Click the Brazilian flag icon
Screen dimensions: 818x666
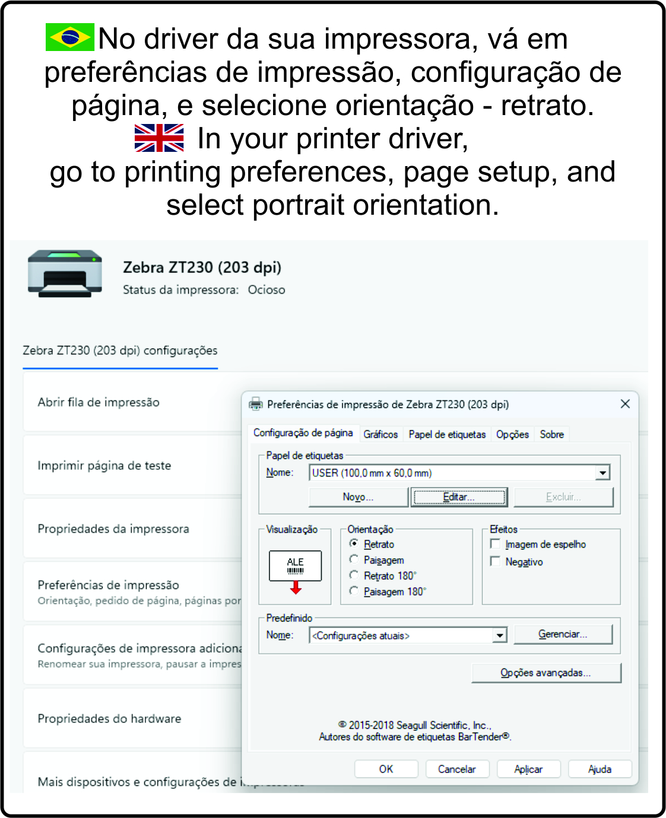point(70,37)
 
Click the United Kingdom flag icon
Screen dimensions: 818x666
point(159,138)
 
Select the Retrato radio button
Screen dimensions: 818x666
point(354,543)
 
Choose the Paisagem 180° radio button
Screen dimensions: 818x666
point(354,591)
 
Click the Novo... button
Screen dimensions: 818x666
point(358,497)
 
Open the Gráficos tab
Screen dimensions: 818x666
point(380,434)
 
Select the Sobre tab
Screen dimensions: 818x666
point(551,434)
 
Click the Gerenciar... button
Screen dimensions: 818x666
point(562,634)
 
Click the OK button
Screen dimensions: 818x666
point(386,769)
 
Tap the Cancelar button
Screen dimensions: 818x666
point(456,769)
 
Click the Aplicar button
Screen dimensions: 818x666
point(528,769)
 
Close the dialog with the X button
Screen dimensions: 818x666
point(625,404)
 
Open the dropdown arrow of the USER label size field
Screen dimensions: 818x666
point(603,473)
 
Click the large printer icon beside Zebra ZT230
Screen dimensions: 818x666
point(65,273)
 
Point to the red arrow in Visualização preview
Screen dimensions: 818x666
point(296,588)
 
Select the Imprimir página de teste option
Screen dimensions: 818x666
point(104,466)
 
